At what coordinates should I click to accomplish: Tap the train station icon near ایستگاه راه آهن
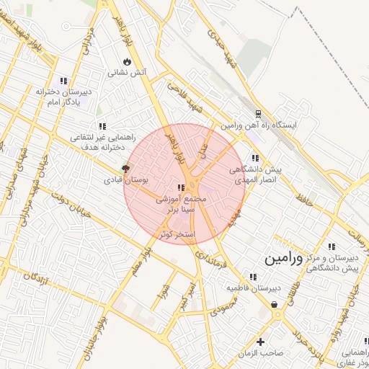pyautogui.click(x=257, y=113)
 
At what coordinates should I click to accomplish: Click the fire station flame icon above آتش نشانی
pyautogui.click(x=127, y=61)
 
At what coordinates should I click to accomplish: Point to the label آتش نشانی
pyautogui.click(x=127, y=73)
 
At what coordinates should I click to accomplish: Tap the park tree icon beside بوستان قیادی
pyautogui.click(x=127, y=168)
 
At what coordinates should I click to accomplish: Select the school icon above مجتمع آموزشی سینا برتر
pyautogui.click(x=180, y=187)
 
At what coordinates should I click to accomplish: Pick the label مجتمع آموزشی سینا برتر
pyautogui.click(x=181, y=203)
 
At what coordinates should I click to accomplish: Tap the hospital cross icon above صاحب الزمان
pyautogui.click(x=260, y=341)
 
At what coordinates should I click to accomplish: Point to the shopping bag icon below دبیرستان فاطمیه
pyautogui.click(x=275, y=305)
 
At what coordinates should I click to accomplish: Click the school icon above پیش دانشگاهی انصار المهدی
pyautogui.click(x=254, y=158)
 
